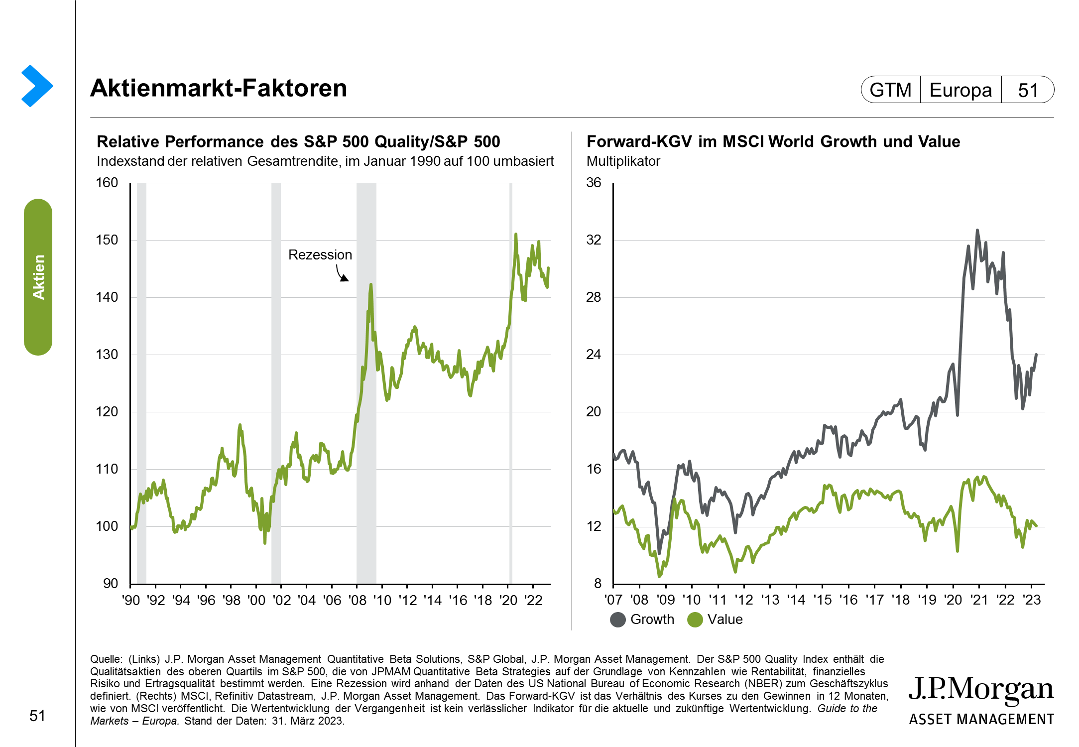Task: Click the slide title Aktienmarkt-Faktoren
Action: tap(218, 88)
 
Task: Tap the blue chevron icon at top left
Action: tap(37, 86)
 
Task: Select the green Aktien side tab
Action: tap(38, 277)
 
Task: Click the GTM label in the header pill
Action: tap(890, 90)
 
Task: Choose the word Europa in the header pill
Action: tap(960, 90)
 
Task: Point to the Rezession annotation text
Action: tap(320, 254)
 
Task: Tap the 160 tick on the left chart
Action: tap(107, 183)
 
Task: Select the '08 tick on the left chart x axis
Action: tap(357, 600)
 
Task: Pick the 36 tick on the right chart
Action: tap(594, 183)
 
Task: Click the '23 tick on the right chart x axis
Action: tap(1032, 600)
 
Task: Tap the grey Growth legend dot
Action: tap(618, 620)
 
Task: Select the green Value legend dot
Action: tap(695, 620)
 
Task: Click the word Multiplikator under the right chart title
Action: tap(623, 161)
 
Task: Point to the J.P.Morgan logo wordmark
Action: tap(981, 690)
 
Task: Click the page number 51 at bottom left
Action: tap(37, 716)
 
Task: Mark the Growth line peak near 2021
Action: tap(977, 230)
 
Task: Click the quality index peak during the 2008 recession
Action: tap(370, 284)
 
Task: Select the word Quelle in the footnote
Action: tap(105, 659)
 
